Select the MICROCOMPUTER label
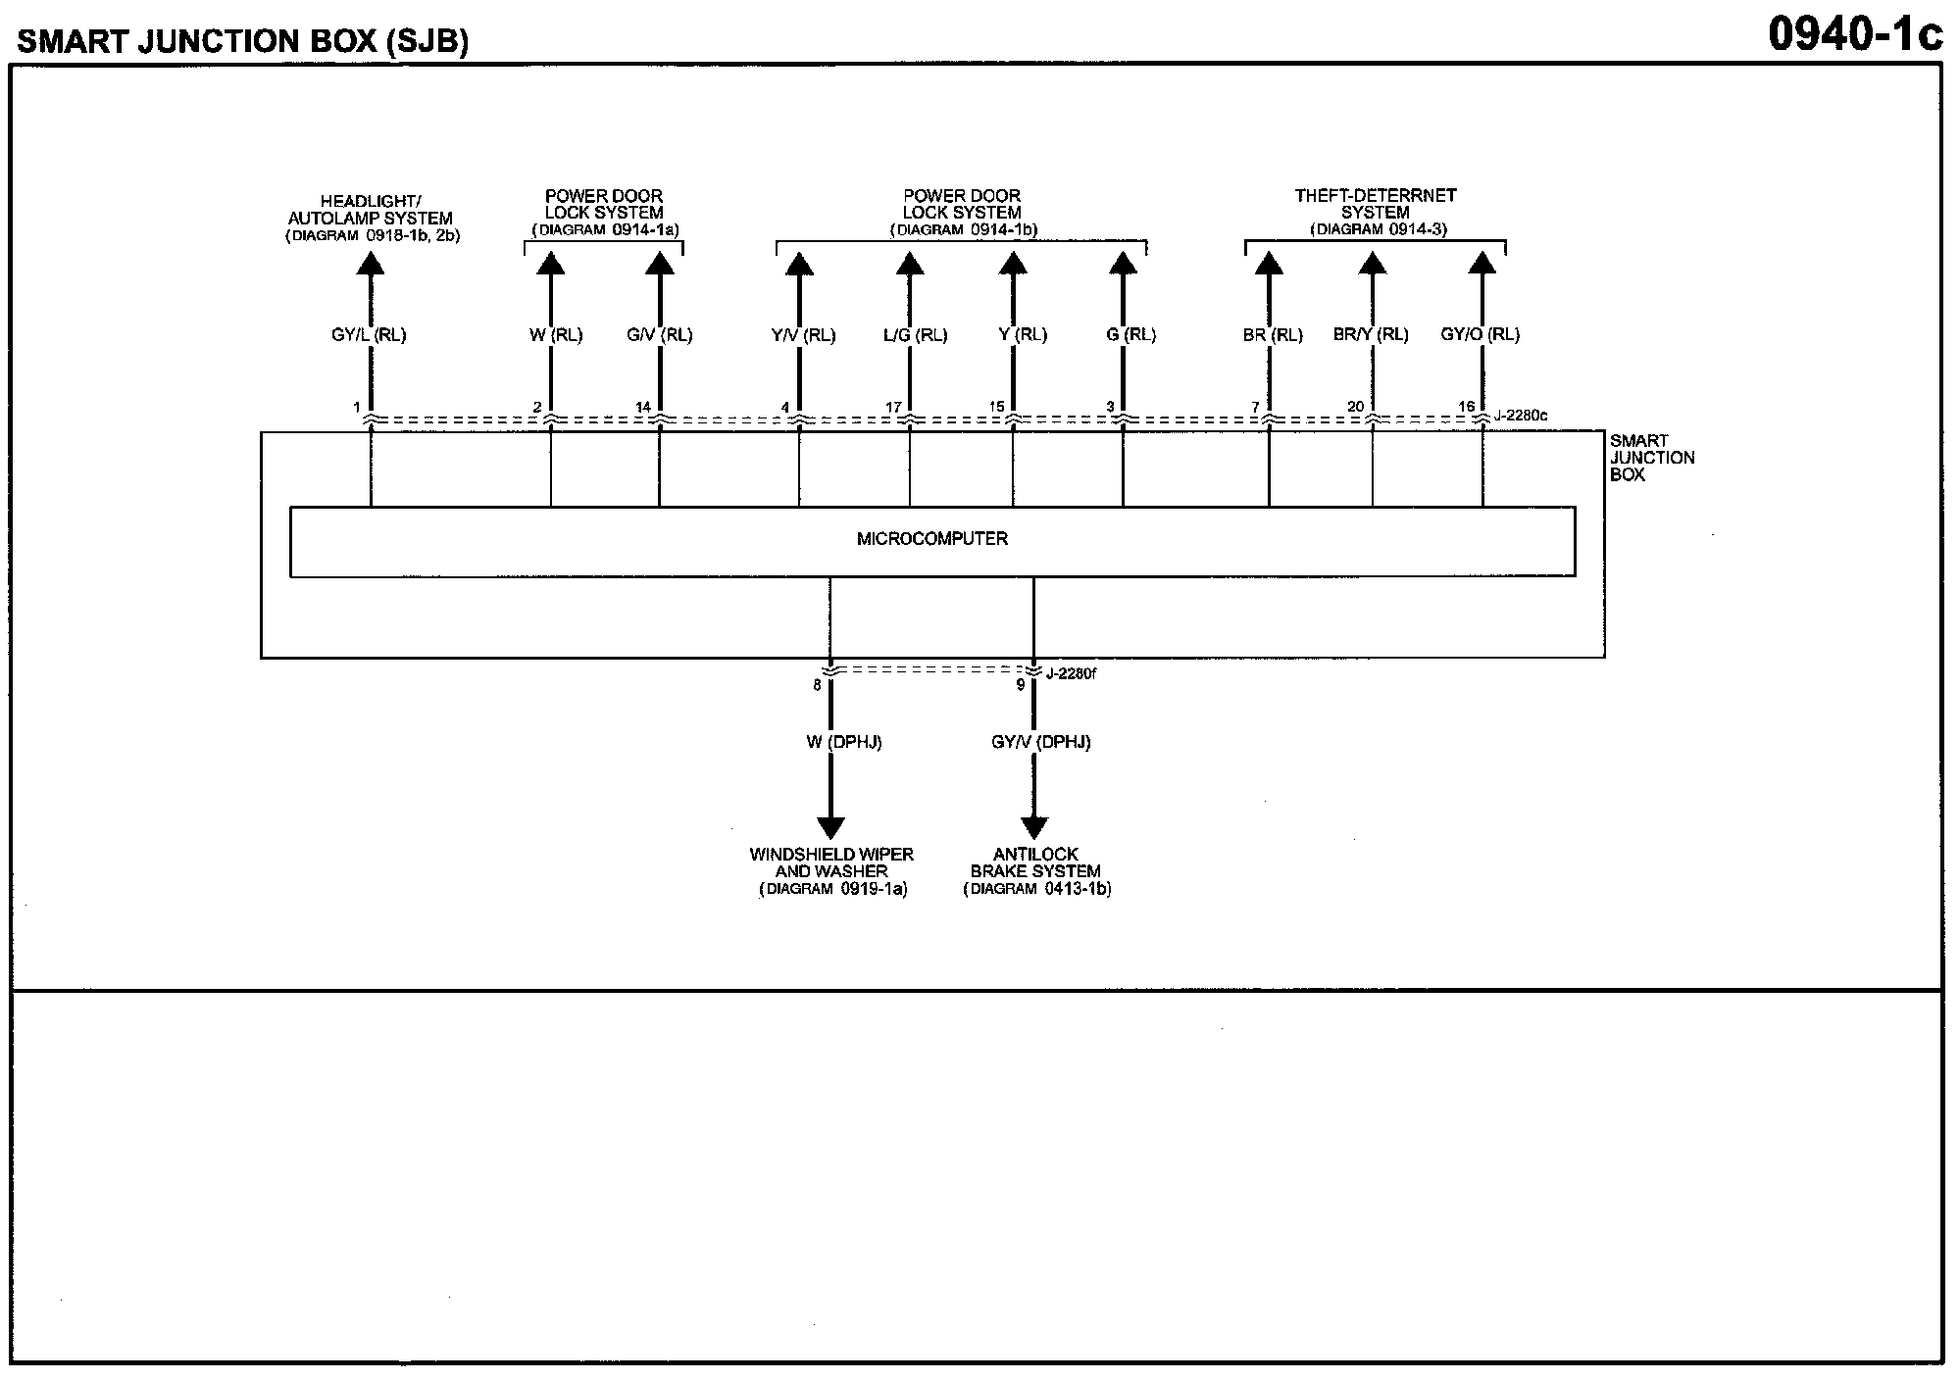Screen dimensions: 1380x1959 931,539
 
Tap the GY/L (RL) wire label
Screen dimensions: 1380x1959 369,335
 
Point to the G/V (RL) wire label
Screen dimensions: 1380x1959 660,335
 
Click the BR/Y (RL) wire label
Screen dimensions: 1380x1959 1371,335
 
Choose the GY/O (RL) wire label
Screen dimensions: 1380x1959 1480,335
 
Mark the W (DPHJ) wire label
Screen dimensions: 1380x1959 830,743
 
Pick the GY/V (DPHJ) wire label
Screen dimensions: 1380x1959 1040,743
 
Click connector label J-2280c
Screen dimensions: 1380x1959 1521,416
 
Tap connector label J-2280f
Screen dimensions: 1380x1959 1071,673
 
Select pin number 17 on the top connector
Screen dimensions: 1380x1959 893,407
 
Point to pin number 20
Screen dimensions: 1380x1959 1355,407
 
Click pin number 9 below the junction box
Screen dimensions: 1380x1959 1021,685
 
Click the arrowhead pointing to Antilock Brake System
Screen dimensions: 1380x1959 1034,828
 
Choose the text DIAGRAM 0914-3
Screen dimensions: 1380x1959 1379,230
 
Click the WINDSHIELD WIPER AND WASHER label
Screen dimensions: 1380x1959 831,862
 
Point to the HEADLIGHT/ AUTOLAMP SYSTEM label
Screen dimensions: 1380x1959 371,210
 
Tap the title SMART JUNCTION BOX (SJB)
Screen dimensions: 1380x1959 243,41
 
